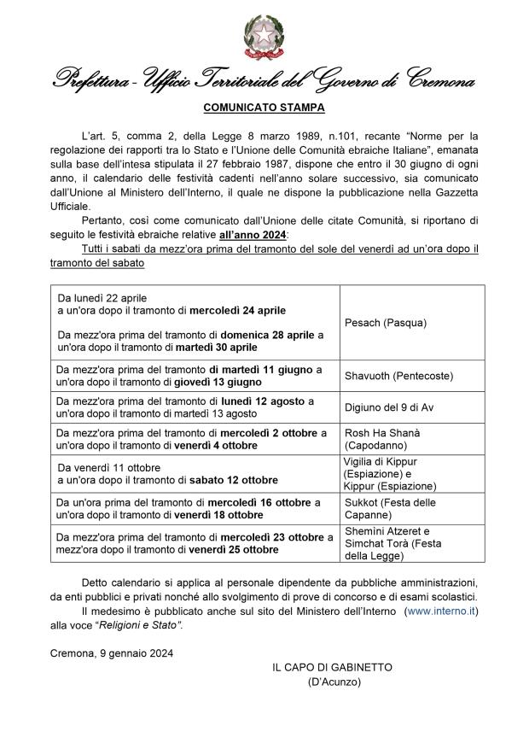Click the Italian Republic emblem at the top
click(264, 38)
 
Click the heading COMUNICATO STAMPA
click(264, 108)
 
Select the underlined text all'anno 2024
click(253, 234)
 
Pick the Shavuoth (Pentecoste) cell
click(398, 376)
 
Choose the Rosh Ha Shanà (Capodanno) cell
click(382, 439)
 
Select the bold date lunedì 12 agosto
click(263, 401)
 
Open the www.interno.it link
click(441, 611)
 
